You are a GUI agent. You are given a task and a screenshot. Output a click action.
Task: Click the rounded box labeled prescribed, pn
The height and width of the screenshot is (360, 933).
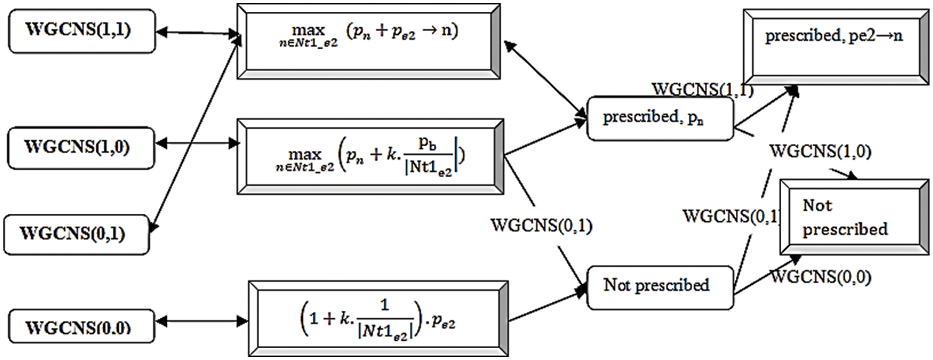tap(659, 118)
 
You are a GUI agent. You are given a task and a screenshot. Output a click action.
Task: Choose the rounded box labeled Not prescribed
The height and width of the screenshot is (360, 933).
tap(659, 286)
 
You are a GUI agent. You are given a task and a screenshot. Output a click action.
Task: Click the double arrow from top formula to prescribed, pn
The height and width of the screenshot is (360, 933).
tap(545, 80)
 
